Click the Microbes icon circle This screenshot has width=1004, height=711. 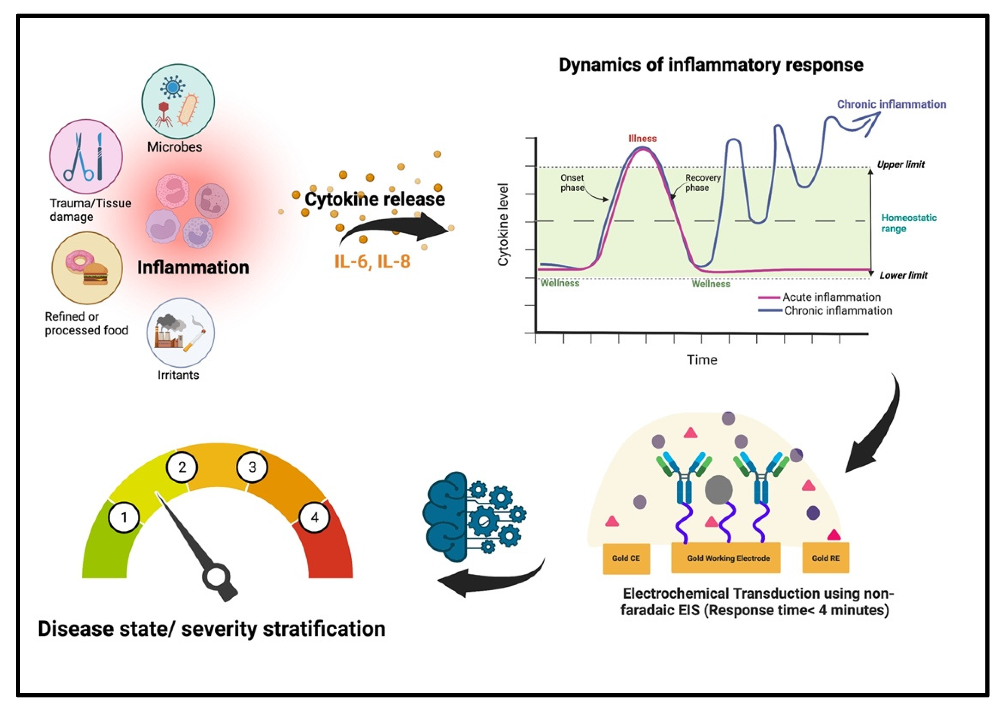point(178,101)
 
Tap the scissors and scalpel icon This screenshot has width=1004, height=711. point(86,156)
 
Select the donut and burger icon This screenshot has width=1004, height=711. point(87,268)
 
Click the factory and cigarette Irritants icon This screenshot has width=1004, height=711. point(181,333)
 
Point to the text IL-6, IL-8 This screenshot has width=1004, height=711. point(372,261)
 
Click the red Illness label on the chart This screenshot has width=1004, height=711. point(643,138)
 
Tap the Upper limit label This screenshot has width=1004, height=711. point(901,164)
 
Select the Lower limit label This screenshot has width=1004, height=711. point(903,275)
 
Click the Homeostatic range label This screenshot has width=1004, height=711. point(908,223)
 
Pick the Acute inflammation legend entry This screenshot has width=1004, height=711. point(831,297)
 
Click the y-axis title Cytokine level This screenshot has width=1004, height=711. point(503,224)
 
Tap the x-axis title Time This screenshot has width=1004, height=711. point(701,360)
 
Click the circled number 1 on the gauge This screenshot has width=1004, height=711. point(124,517)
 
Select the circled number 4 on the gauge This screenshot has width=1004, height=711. point(314,517)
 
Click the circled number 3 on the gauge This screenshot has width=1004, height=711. point(252,467)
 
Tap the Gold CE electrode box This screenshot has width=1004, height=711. point(626,558)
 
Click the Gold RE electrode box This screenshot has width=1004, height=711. point(825,558)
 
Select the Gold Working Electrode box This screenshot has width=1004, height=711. point(726,558)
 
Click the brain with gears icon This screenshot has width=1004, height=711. point(474,517)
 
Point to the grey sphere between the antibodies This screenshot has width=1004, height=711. point(718,490)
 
